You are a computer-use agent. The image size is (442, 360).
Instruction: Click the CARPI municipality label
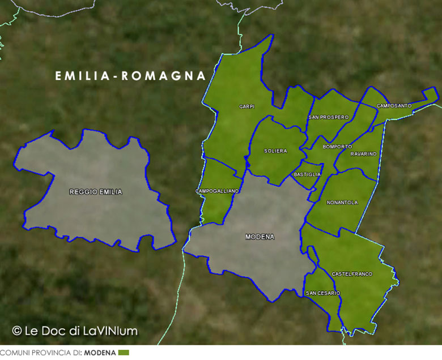tap(246, 106)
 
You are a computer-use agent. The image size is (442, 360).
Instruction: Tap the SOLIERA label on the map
tap(275, 151)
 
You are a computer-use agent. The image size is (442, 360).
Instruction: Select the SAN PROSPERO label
tap(329, 117)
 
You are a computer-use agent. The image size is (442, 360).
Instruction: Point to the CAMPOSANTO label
tap(394, 106)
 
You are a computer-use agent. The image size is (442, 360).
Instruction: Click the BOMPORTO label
tap(337, 147)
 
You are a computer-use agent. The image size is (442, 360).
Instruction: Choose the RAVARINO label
tap(363, 154)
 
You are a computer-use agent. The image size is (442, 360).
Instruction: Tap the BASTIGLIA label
tap(308, 174)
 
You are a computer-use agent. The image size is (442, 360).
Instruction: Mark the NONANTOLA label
tap(342, 202)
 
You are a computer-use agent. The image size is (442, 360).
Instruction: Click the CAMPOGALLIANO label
tap(217, 191)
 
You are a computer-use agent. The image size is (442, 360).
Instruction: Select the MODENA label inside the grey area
tap(260, 237)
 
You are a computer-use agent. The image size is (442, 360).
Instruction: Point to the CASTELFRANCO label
tap(352, 274)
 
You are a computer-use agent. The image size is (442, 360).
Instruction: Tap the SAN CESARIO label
tap(323, 293)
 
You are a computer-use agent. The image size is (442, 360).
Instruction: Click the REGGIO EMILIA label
tap(95, 192)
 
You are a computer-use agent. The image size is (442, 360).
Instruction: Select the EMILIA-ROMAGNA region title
tap(130, 76)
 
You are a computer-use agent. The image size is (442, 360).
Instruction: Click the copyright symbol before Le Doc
tap(17, 331)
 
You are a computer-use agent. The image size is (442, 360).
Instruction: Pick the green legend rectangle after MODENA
tap(124, 353)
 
